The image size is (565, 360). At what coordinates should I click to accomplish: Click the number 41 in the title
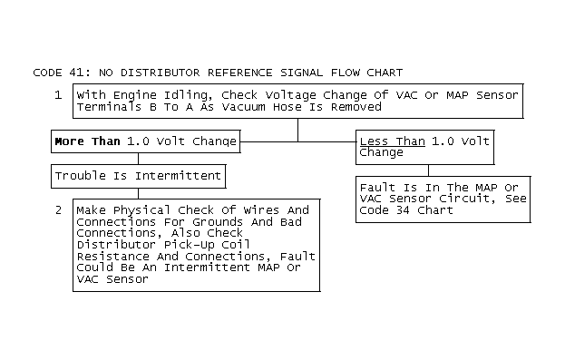point(77,73)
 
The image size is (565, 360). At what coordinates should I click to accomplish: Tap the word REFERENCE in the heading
point(239,73)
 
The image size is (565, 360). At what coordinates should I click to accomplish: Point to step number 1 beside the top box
point(58,95)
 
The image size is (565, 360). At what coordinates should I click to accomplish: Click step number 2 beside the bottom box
point(58,210)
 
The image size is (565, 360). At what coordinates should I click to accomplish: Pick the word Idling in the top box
point(186,95)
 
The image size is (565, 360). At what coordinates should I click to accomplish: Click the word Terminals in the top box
point(109,107)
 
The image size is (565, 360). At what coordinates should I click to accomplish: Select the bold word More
point(69,141)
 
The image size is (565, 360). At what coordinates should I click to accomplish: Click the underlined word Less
point(374,141)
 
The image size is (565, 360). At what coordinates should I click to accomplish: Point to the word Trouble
point(81,176)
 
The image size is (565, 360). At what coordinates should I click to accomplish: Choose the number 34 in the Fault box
point(403,210)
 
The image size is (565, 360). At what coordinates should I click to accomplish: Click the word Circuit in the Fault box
point(467,199)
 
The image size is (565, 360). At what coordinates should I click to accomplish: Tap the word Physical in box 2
point(141,210)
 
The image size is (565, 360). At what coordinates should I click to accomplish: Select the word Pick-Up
point(189,245)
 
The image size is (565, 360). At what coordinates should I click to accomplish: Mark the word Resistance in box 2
point(112,257)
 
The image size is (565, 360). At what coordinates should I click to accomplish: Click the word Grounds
point(218,221)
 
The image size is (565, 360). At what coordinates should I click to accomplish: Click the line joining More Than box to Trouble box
point(139,159)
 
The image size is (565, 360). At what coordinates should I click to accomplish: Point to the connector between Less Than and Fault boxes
point(428,170)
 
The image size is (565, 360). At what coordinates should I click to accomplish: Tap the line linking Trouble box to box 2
point(139,193)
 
